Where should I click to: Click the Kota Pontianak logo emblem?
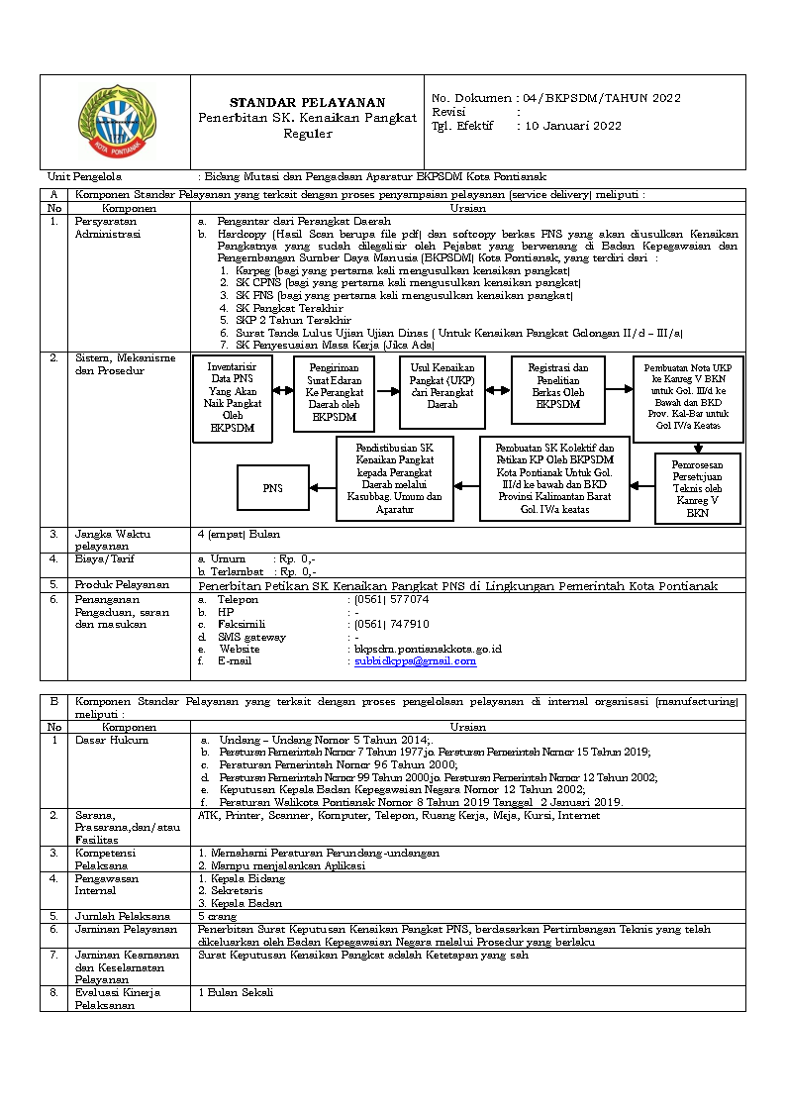tap(115, 120)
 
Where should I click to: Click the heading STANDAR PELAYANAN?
tap(308, 103)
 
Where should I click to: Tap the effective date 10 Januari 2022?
tap(572, 126)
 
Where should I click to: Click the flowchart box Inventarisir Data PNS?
tap(233, 398)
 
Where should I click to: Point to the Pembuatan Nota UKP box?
tap(687, 398)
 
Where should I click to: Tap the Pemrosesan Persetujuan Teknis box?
tap(697, 488)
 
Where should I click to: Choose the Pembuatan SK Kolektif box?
tap(554, 478)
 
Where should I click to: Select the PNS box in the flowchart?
tap(272, 488)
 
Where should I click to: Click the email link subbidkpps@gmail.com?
tap(416, 660)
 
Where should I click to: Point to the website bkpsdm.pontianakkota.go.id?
tap(429, 649)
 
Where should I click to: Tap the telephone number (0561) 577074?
tap(392, 600)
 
